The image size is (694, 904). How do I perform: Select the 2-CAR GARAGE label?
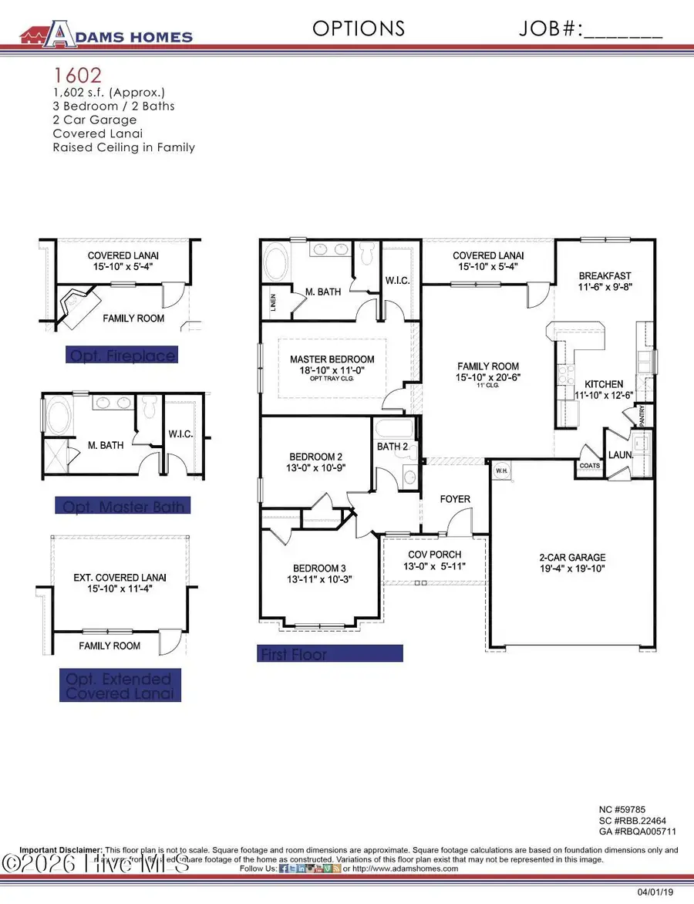coord(571,557)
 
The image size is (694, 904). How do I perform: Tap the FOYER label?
coord(455,499)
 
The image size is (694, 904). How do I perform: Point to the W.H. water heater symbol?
coord(500,470)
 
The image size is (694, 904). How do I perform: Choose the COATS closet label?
coord(589,465)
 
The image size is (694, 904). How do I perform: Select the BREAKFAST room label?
coord(605,275)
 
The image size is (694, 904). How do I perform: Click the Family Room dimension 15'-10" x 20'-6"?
coord(488,378)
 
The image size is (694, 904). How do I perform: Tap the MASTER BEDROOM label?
coord(332,359)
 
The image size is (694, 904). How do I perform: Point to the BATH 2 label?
coord(392,447)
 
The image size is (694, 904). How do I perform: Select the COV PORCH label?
coord(436,555)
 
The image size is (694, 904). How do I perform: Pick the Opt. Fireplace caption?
coord(123,355)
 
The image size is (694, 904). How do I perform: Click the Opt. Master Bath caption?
coord(123,506)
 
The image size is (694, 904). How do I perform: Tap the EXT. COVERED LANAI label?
coord(120,577)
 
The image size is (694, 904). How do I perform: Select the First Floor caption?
coord(293,654)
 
